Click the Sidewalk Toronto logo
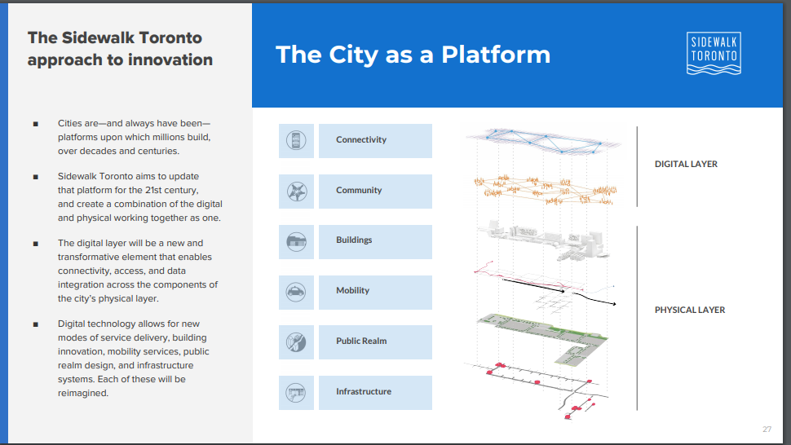pyautogui.click(x=714, y=54)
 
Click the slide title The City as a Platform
pyautogui.click(x=413, y=55)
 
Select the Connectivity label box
pyautogui.click(x=375, y=141)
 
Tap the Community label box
pyautogui.click(x=375, y=191)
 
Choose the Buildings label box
pyautogui.click(x=375, y=241)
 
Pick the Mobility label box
pyautogui.click(x=375, y=292)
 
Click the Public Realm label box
pyautogui.click(x=375, y=341)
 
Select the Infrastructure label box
pyautogui.click(x=375, y=392)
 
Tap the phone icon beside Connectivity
pyautogui.click(x=296, y=141)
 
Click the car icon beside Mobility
pyautogui.click(x=296, y=292)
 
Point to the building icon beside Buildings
pyautogui.click(x=296, y=241)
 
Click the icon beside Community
pyautogui.click(x=296, y=191)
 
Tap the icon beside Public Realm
pyautogui.click(x=296, y=341)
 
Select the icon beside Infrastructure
pyautogui.click(x=296, y=392)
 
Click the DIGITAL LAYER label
pyautogui.click(x=686, y=164)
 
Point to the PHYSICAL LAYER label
pyautogui.click(x=690, y=310)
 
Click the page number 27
pyautogui.click(x=767, y=429)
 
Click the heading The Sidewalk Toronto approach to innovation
pyautogui.click(x=120, y=49)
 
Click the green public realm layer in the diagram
pyautogui.click(x=545, y=334)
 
